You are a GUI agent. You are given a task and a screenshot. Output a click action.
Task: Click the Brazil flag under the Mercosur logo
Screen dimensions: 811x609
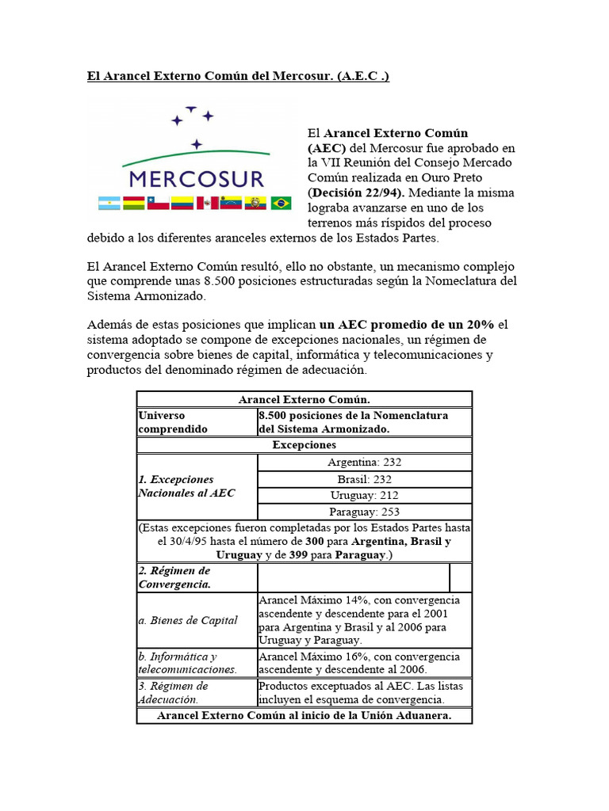click(281, 204)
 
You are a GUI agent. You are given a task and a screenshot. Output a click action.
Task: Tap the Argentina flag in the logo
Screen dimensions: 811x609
click(109, 204)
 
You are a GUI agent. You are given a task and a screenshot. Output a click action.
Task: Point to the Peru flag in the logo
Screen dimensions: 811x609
click(208, 204)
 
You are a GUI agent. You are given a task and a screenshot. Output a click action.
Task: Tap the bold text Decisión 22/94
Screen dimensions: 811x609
click(357, 192)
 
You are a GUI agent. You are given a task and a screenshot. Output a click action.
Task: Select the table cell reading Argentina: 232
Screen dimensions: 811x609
click(364, 463)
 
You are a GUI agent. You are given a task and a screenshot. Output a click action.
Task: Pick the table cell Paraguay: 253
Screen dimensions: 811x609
click(364, 512)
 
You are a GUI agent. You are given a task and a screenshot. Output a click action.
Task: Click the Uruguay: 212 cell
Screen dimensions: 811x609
click(364, 496)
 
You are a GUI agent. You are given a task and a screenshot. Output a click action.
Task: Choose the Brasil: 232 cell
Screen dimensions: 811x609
click(364, 479)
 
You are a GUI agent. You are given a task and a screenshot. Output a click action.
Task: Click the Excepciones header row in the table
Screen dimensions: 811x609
click(304, 445)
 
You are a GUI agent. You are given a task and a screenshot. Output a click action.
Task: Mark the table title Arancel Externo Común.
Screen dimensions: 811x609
click(304, 400)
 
